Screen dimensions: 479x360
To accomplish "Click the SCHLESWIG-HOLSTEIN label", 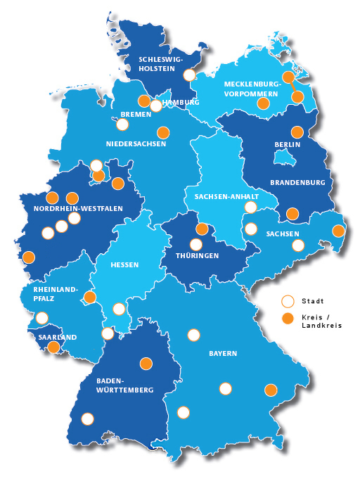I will click(161, 64).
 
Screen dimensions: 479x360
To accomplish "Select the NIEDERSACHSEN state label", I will click(136, 144).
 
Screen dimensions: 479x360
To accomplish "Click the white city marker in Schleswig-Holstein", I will click(188, 75).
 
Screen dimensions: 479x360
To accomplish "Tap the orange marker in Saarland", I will click(53, 346).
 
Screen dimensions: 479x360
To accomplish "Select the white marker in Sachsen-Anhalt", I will click(250, 207).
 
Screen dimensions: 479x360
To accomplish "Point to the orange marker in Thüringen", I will click(202, 229).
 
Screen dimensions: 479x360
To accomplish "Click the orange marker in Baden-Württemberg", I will click(146, 364).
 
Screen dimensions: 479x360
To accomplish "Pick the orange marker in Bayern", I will click(271, 390).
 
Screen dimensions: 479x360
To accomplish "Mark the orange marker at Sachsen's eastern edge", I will click(338, 231).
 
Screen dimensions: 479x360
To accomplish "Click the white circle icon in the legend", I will click(287, 302).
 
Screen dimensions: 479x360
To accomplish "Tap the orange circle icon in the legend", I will click(287, 319).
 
